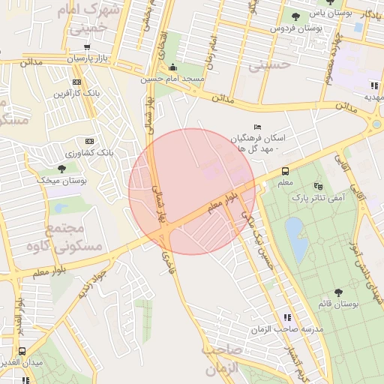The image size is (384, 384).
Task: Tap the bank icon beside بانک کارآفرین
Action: click(x=76, y=82)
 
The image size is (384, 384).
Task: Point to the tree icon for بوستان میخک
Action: click(x=61, y=169)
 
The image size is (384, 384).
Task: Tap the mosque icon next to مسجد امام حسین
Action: click(x=174, y=67)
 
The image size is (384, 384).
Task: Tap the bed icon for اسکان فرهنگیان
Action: click(x=258, y=126)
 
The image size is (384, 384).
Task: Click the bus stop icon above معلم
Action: click(x=285, y=171)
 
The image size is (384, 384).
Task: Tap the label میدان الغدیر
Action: click(x=21, y=363)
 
